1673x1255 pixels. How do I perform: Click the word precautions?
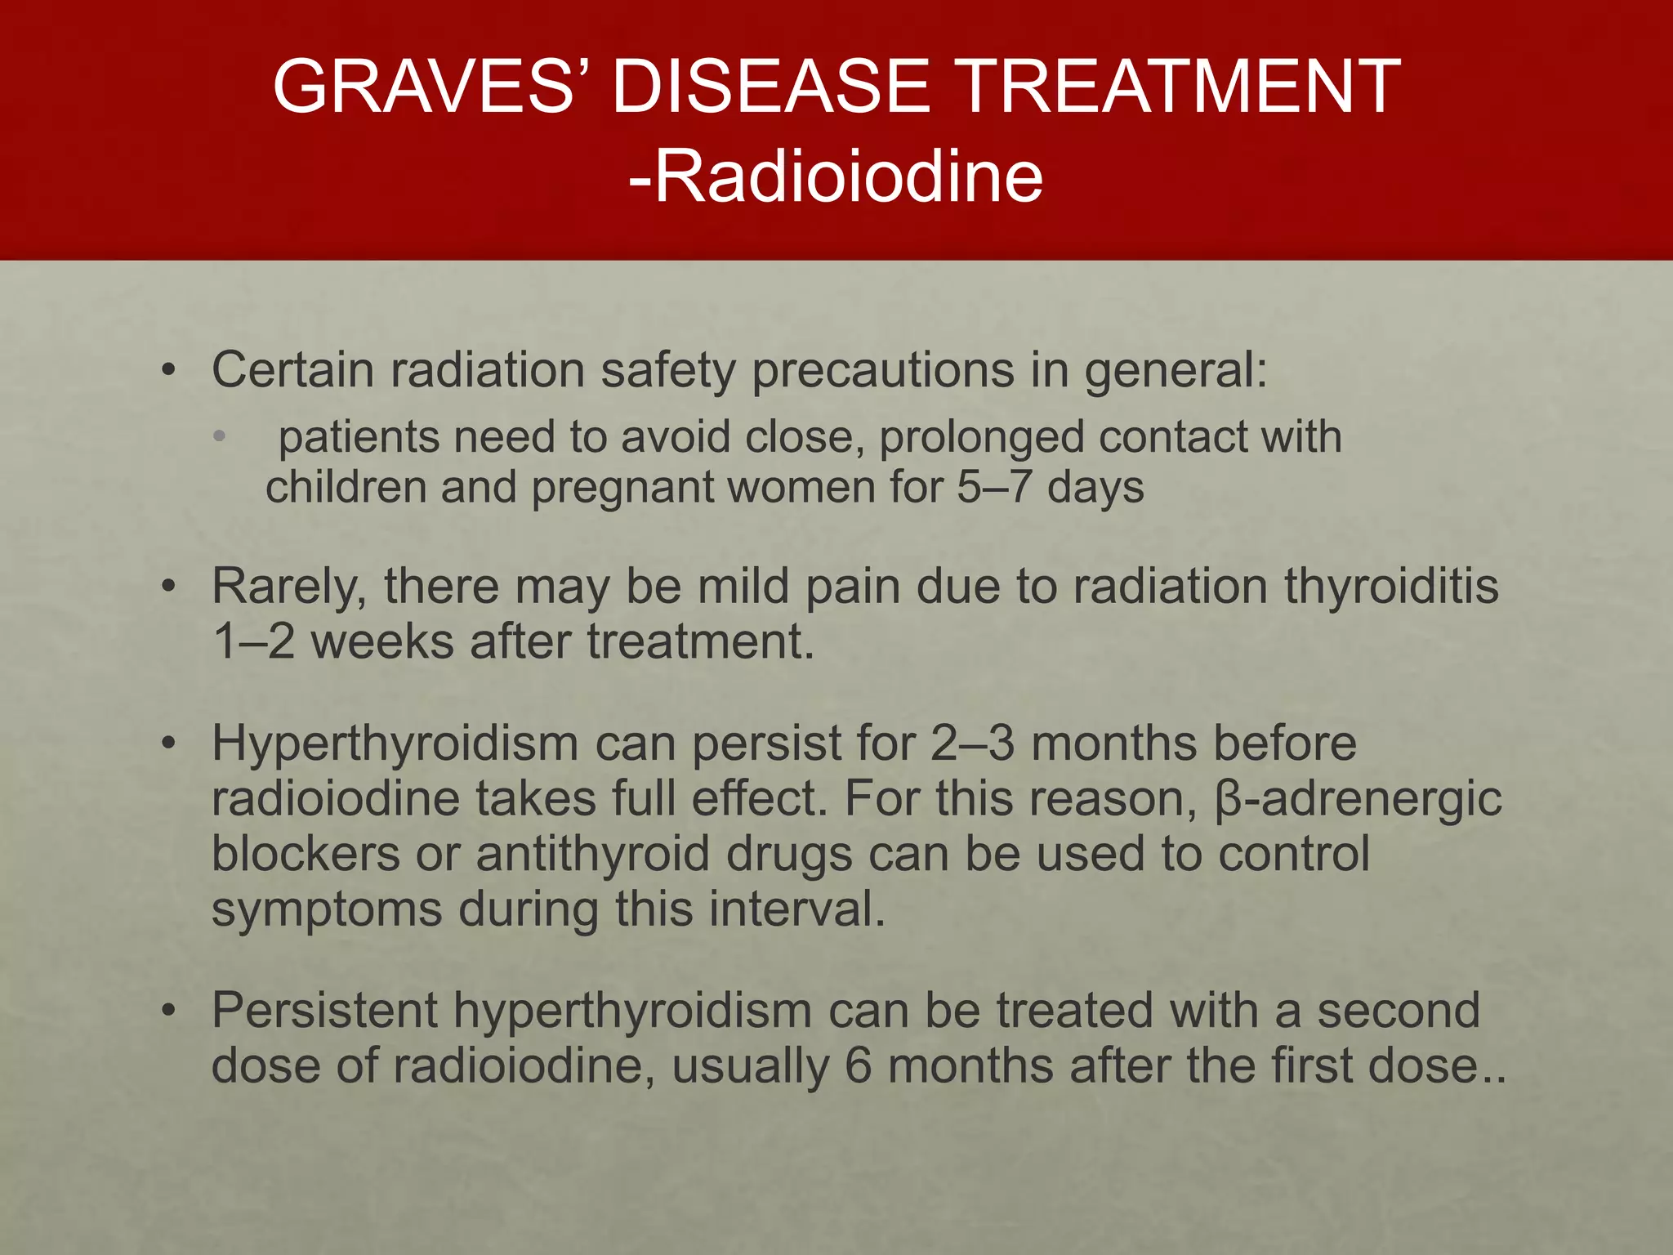(x=881, y=371)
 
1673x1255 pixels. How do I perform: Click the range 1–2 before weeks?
(x=253, y=641)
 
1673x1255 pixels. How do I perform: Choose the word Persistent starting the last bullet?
(x=325, y=1011)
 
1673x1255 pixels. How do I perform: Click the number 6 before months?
(x=859, y=1065)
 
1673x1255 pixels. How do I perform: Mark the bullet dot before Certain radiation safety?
(x=168, y=371)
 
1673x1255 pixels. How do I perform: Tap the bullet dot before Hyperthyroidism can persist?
(x=168, y=744)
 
